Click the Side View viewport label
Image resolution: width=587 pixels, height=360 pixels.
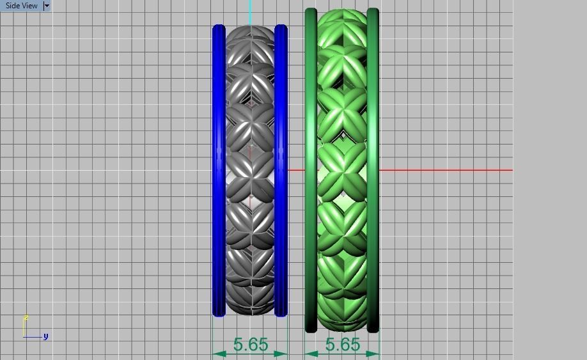(21, 6)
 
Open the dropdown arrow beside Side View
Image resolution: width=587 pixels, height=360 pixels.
(47, 6)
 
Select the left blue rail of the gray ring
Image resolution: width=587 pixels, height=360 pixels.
(219, 170)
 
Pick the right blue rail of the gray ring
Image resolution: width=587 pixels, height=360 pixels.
(280, 170)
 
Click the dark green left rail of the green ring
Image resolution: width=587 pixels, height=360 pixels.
(311, 170)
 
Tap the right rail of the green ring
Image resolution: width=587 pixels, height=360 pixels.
(373, 170)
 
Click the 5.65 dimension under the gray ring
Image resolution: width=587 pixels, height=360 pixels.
(251, 345)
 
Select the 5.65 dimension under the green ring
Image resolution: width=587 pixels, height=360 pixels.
(343, 345)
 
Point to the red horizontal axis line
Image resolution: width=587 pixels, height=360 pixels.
(448, 170)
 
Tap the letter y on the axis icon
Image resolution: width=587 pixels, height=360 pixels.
(46, 336)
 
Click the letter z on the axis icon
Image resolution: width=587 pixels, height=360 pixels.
(26, 317)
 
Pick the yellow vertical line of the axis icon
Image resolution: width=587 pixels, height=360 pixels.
(24, 327)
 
